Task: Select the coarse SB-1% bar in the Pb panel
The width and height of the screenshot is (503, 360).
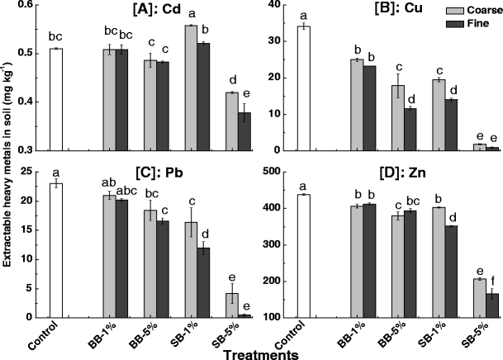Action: (x=191, y=271)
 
